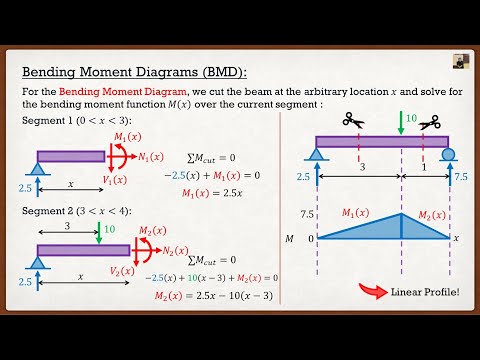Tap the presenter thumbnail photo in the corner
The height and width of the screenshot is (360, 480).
coord(460,60)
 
